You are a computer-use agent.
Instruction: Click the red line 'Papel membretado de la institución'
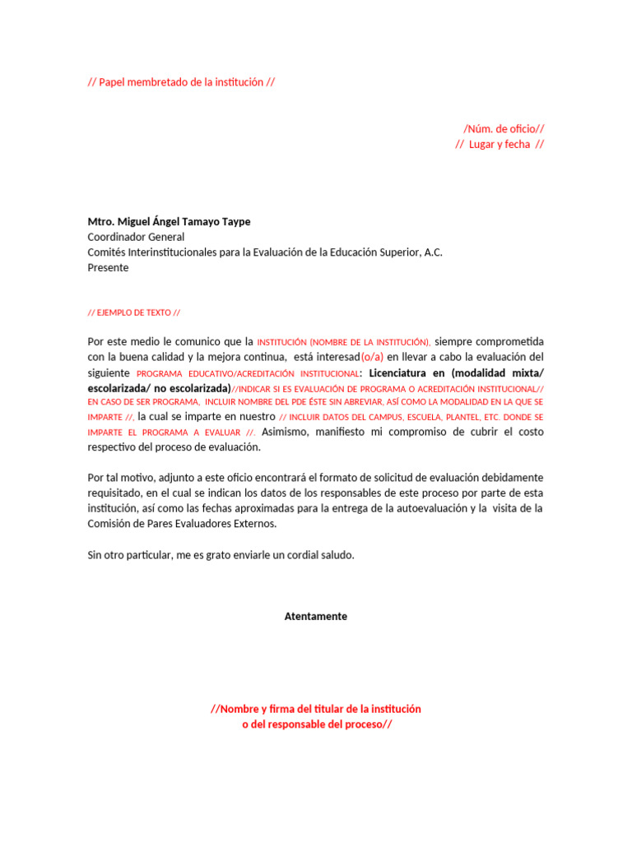click(x=180, y=82)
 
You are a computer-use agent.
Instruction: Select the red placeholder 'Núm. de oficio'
click(x=503, y=128)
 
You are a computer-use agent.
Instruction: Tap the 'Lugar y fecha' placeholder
click(x=499, y=145)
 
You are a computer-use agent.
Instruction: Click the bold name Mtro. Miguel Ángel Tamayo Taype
click(x=169, y=222)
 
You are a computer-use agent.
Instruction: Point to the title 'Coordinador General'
click(x=136, y=237)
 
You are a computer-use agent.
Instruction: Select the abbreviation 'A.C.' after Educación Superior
click(x=434, y=252)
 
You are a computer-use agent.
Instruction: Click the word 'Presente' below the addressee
click(x=108, y=268)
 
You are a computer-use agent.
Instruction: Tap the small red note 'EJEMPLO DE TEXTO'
click(x=133, y=313)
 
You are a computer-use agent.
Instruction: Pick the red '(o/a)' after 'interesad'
click(x=372, y=357)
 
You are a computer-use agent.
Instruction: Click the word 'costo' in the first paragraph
click(x=529, y=433)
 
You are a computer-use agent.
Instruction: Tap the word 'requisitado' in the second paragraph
click(x=115, y=493)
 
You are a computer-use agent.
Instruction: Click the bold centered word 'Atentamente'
click(x=316, y=617)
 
